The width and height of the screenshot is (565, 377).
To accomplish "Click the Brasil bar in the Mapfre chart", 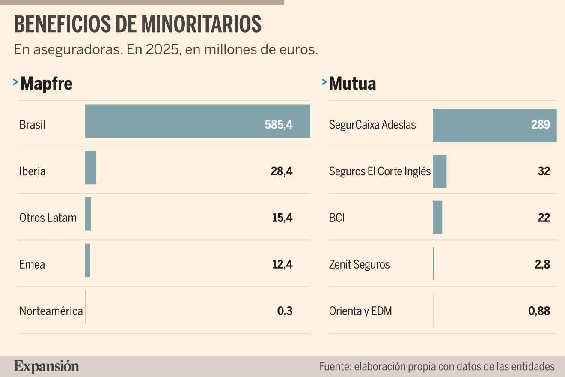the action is click(197, 121).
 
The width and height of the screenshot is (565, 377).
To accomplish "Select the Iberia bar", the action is click(91, 168).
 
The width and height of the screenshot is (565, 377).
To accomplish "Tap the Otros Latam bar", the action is click(88, 214).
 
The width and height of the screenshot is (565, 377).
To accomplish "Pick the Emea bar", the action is click(87, 260).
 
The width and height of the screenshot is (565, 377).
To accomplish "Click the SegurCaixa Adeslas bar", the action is click(495, 125).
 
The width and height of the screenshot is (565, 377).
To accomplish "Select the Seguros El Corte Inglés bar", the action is click(440, 171).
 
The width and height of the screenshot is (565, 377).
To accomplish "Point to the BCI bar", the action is click(437, 217).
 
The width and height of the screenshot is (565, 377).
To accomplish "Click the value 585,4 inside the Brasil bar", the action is click(279, 125).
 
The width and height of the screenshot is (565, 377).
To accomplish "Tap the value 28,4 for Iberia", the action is click(282, 171).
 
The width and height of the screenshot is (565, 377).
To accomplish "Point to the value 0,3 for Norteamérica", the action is click(285, 311).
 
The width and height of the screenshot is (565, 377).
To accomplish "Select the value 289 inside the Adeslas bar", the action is click(541, 125).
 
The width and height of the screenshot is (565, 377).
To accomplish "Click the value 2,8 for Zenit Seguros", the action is click(542, 265).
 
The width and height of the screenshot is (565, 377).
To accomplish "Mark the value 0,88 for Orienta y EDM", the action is click(539, 311).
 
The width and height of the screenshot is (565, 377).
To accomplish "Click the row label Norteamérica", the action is click(51, 311).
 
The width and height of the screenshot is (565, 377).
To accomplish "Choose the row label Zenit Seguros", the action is click(359, 265).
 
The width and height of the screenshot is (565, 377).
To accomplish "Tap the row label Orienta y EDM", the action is click(360, 311).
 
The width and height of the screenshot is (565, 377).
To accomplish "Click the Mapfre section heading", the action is click(46, 84).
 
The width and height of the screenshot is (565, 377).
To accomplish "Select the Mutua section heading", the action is click(352, 84).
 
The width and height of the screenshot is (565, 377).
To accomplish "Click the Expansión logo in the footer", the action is click(46, 367).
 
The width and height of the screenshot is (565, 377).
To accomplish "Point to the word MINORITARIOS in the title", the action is click(201, 24).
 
